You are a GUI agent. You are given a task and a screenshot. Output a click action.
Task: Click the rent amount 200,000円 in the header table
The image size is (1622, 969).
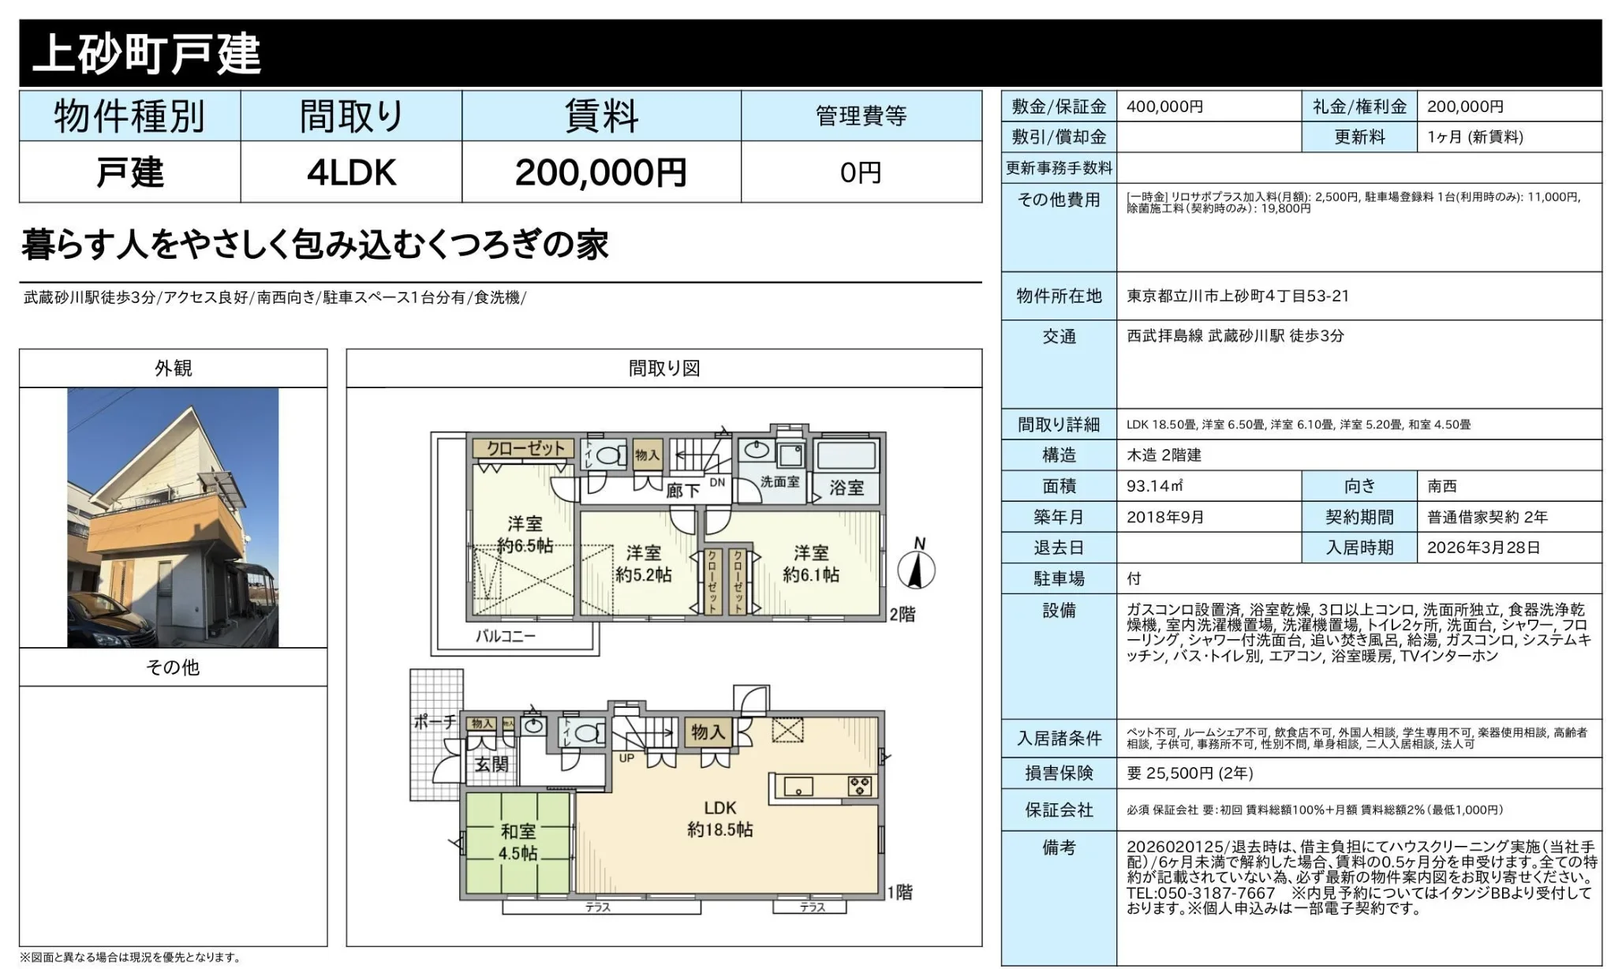pyautogui.click(x=600, y=173)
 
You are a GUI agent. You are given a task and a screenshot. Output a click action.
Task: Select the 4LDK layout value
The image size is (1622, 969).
pyautogui.click(x=351, y=173)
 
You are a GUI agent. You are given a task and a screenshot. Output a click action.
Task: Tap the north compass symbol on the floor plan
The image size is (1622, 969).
pyautogui.click(x=916, y=568)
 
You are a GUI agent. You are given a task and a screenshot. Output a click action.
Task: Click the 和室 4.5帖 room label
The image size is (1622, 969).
pyautogui.click(x=518, y=842)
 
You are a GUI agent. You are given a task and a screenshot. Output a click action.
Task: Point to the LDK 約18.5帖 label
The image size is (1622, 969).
pyautogui.click(x=719, y=818)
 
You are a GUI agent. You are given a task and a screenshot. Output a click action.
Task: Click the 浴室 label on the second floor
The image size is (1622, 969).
pyautogui.click(x=846, y=488)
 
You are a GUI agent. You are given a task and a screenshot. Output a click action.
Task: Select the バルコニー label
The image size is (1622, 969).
pyautogui.click(x=505, y=636)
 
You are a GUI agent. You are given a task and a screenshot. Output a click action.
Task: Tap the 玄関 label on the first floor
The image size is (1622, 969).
pyautogui.click(x=491, y=764)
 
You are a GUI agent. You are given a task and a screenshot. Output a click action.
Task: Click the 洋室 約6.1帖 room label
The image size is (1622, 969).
pyautogui.click(x=811, y=563)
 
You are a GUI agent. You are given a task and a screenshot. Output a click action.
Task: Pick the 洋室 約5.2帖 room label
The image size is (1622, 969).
pyautogui.click(x=643, y=563)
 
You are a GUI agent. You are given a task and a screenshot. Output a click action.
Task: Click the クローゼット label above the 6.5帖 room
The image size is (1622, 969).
pyautogui.click(x=525, y=448)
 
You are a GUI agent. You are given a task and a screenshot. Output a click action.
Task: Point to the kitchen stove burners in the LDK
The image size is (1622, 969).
pyautogui.click(x=859, y=786)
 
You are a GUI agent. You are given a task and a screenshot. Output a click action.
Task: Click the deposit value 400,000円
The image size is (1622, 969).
pyautogui.click(x=1164, y=107)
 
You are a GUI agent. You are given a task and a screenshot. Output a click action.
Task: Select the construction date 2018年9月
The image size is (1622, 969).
pyautogui.click(x=1165, y=518)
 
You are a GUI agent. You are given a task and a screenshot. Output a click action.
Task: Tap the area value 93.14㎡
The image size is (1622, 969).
pyautogui.click(x=1154, y=486)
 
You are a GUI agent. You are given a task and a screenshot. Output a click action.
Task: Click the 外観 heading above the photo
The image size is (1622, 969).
pyautogui.click(x=173, y=369)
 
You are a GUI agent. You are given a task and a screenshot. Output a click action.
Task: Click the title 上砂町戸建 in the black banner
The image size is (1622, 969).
pyautogui.click(x=147, y=54)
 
